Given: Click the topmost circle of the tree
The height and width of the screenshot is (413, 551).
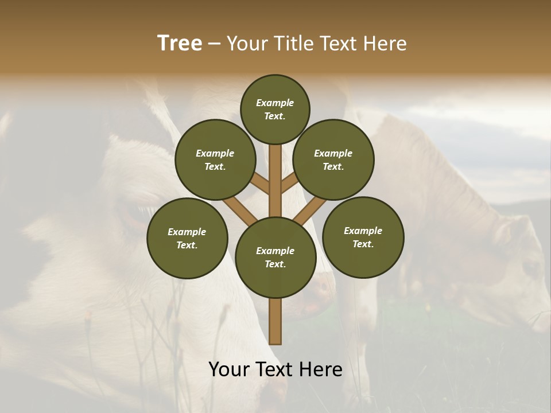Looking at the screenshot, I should (275, 109).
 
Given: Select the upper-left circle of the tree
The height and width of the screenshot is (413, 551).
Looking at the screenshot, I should (215, 159).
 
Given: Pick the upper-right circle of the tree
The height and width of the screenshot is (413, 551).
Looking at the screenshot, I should (333, 159).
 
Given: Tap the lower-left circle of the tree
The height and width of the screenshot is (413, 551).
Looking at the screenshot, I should (187, 238).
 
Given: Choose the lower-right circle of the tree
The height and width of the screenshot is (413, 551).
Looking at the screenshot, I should (363, 237).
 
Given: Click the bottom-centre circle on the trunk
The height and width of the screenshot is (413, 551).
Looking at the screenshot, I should (275, 258).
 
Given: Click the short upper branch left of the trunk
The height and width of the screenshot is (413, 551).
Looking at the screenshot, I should (261, 184).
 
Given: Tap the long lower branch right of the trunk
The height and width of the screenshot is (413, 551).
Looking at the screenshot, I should (309, 210).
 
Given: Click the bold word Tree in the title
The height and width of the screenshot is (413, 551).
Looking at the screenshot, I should (180, 44).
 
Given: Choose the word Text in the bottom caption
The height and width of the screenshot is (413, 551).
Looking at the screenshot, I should (276, 369).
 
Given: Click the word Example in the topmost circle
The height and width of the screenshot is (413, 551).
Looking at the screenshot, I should (275, 103).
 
